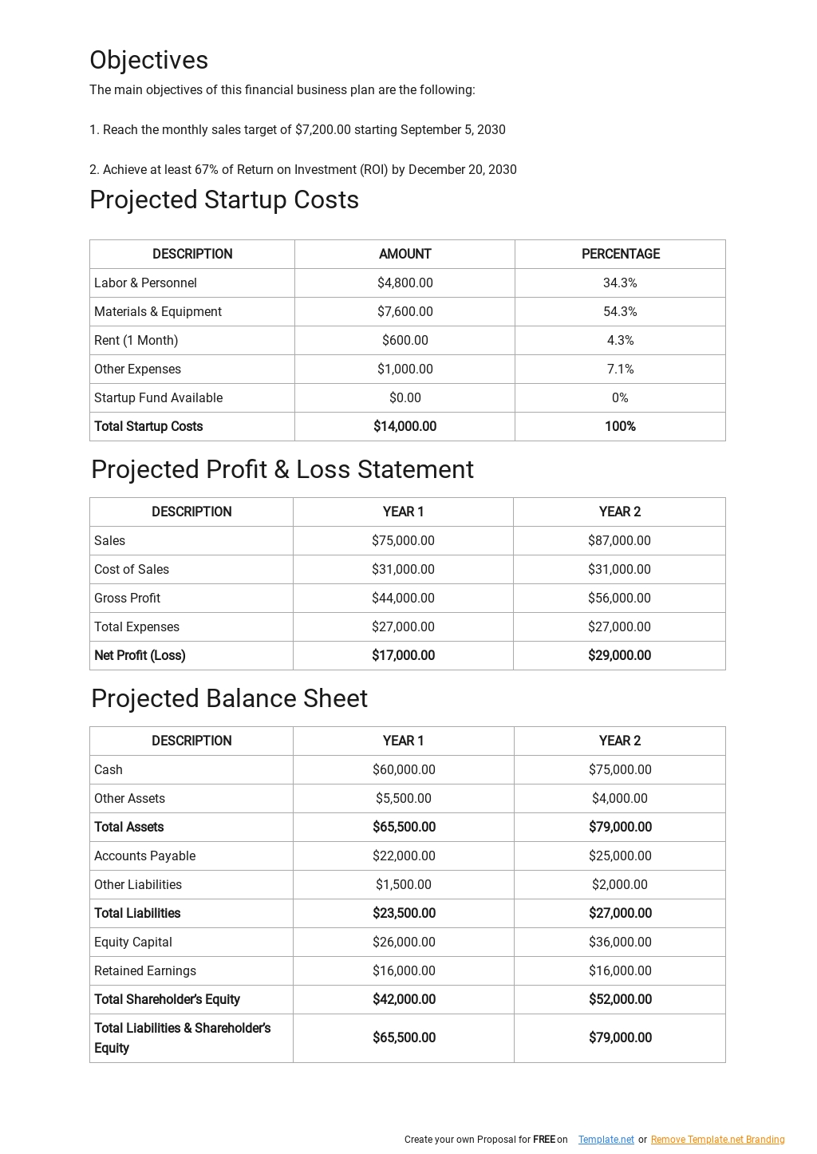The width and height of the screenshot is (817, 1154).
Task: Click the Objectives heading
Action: pos(148,61)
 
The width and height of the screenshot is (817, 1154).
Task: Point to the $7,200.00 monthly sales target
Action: pos(322,130)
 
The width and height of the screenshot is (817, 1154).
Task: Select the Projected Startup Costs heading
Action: pos(224,200)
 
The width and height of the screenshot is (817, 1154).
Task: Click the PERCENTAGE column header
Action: pos(620,254)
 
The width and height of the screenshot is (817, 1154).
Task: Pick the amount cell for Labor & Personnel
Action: pos(405,283)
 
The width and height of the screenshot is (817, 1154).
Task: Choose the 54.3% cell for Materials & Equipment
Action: pos(620,312)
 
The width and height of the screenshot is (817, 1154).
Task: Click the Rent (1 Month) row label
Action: pos(136,341)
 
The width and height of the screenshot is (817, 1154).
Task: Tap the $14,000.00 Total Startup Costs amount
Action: pos(405,427)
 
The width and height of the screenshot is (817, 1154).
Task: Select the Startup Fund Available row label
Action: pos(158,398)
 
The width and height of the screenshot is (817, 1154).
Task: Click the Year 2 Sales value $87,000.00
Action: pos(619,541)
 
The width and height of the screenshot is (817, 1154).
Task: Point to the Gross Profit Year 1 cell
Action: pos(403,599)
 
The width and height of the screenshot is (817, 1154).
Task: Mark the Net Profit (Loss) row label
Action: pos(140,656)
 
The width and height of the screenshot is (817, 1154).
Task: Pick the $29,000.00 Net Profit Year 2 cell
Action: pos(619,656)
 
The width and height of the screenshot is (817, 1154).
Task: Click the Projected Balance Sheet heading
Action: pos(229,699)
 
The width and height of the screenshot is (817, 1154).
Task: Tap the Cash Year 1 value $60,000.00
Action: pos(404,770)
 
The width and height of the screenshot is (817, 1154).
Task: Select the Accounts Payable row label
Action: pos(144,856)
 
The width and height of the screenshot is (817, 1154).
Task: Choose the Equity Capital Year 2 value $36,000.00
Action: pos(620,943)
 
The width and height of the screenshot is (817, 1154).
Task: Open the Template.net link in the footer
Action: pos(606,1140)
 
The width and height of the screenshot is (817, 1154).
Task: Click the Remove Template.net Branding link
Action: pos(717,1140)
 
